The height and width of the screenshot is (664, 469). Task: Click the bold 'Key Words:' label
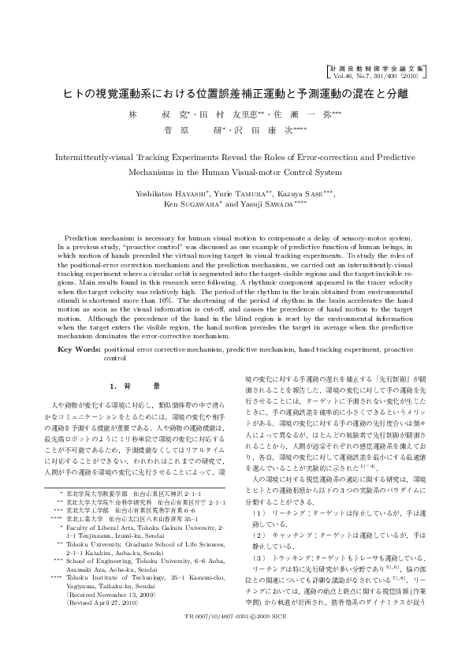click(x=79, y=347)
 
